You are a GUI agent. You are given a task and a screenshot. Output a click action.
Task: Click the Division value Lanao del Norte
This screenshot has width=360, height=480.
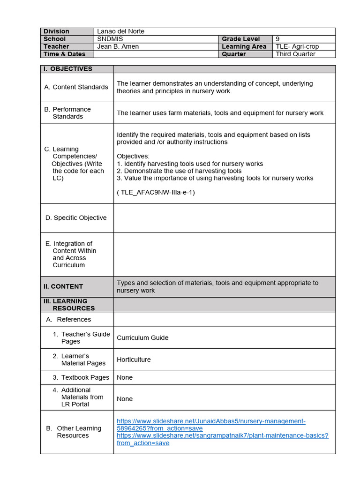120,31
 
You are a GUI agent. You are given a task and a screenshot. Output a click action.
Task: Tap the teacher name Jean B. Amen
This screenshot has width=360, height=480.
118,46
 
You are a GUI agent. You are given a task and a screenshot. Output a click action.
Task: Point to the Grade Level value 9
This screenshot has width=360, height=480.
277,39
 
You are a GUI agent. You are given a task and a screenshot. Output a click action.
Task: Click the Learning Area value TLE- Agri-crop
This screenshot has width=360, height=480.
299,46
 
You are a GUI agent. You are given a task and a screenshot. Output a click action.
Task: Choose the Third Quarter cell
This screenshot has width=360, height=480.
295,54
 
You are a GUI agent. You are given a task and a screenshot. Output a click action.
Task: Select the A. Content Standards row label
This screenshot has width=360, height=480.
76,87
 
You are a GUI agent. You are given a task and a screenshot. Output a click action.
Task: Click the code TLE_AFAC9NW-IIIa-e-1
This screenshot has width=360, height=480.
156,192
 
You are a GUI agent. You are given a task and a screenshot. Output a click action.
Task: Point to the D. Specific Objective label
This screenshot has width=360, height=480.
76,218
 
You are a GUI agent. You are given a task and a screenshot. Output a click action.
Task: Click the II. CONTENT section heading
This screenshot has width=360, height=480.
63,286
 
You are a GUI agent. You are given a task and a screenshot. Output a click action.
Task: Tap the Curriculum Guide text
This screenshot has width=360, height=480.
142,337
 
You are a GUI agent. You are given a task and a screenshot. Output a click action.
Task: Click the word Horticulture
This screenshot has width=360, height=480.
134,360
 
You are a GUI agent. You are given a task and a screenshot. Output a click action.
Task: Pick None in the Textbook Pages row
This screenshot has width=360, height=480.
125,377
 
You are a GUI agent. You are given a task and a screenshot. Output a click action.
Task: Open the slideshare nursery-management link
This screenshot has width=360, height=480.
211,425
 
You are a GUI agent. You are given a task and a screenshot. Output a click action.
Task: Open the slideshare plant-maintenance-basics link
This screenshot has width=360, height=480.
223,439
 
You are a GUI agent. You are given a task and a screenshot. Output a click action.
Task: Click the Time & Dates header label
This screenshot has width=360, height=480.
64,54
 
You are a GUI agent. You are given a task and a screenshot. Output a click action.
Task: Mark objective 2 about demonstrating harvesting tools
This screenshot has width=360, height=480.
179,171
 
